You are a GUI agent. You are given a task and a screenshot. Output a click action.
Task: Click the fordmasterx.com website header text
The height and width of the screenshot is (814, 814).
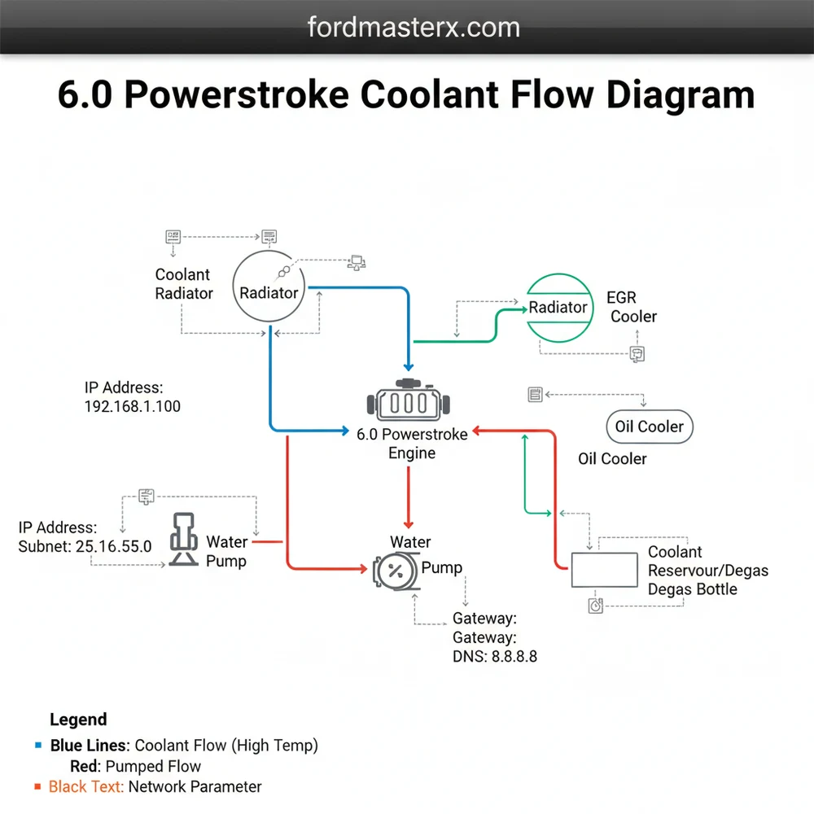414,27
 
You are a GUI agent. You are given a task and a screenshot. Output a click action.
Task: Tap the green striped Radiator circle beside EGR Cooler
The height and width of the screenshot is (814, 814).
558,307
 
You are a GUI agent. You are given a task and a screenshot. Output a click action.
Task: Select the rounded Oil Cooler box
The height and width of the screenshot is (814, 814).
649,427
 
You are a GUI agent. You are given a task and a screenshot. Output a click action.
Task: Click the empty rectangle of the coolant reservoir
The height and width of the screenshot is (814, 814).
604,570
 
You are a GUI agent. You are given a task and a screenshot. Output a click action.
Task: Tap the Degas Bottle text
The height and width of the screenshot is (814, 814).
693,589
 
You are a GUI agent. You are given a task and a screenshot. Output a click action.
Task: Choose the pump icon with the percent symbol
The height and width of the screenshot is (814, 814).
395,570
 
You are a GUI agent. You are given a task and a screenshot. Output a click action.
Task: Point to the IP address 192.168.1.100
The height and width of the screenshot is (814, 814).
133,405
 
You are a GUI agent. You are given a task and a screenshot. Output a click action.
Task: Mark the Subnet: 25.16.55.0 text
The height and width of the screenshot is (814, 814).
85,546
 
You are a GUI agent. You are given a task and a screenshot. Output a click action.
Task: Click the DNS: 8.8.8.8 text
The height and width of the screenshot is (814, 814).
494,656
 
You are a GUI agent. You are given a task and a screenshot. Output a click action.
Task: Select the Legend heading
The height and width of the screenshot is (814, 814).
78,720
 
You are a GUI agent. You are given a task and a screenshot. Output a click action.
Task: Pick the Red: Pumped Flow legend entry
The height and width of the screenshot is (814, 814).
136,766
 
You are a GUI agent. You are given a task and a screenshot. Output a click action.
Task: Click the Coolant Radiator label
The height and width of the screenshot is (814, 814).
183,283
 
